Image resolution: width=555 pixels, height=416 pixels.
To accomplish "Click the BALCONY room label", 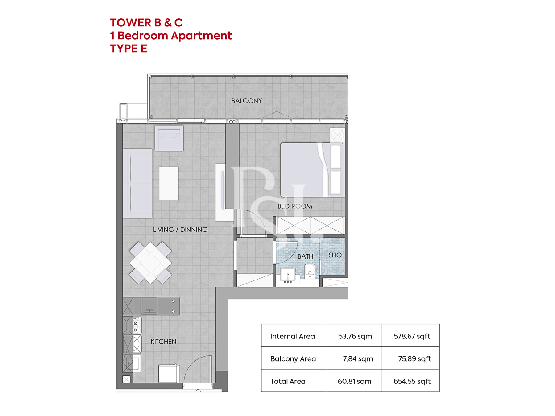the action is (x=246, y=101).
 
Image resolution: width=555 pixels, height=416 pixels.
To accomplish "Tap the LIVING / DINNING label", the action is (x=180, y=230).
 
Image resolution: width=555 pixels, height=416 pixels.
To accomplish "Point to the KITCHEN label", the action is (x=163, y=342).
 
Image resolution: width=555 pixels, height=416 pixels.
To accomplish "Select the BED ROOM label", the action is (x=295, y=206).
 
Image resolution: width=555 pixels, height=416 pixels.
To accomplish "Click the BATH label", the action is (x=305, y=256).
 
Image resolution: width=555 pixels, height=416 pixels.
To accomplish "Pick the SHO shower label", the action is (x=335, y=255).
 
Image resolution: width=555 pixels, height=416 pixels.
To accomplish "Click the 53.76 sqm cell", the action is (x=355, y=336).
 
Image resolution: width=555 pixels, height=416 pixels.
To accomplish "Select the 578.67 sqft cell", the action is (x=412, y=336).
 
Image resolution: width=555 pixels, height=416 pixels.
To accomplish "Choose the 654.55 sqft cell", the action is (x=412, y=381).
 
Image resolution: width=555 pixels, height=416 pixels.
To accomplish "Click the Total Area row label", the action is (x=288, y=381).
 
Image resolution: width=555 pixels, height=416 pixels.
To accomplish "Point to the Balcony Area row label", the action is (x=293, y=358).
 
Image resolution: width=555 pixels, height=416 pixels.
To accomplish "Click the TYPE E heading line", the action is (x=128, y=49).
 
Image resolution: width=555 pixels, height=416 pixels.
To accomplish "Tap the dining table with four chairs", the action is (x=150, y=263).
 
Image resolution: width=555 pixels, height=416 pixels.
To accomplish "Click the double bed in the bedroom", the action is (x=312, y=169).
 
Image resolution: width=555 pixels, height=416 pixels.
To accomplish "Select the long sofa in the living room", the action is (x=137, y=184).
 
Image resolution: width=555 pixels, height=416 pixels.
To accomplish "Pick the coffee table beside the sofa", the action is (x=169, y=184).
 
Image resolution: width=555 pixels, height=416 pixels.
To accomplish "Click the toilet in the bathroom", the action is (x=310, y=271).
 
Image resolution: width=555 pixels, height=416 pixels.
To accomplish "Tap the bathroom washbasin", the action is (x=288, y=276).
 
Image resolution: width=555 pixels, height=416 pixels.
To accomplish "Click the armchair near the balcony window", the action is (x=169, y=138).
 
